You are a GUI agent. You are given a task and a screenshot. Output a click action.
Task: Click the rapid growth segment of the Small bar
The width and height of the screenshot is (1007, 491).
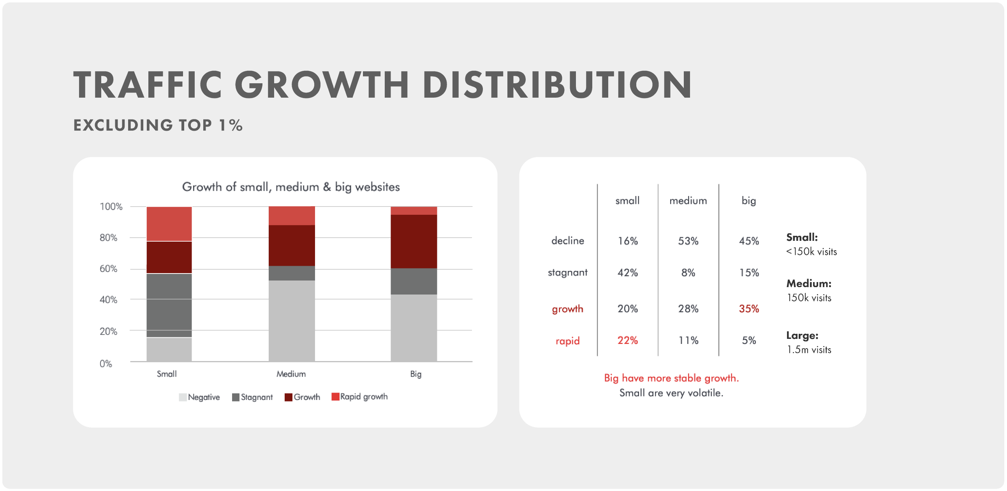point(169,224)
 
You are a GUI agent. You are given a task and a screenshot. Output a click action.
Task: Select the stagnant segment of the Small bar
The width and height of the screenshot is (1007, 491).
point(169,305)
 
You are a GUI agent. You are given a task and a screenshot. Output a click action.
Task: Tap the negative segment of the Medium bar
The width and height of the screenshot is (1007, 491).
point(292,321)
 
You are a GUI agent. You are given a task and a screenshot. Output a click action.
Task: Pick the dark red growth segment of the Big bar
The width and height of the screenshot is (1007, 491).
point(414,241)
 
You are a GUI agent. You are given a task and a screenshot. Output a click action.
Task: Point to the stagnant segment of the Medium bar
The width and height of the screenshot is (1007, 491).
point(292,273)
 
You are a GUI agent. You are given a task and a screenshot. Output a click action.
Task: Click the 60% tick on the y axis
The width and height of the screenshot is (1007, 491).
point(108,269)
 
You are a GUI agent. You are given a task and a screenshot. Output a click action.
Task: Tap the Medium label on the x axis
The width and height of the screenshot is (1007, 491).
point(291,374)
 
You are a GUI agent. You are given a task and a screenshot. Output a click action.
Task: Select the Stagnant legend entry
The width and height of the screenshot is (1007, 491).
point(252,397)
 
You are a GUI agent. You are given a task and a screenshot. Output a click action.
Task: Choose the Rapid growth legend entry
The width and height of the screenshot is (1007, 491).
point(360,397)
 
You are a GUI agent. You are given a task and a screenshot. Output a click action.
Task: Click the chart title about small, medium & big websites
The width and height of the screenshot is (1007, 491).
point(291,187)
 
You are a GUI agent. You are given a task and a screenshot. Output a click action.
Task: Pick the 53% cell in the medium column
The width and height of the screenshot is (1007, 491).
point(688,241)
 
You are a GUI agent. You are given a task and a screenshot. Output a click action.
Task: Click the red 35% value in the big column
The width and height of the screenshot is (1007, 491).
point(748,309)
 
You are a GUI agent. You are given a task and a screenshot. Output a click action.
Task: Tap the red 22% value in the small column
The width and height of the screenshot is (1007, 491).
point(627,340)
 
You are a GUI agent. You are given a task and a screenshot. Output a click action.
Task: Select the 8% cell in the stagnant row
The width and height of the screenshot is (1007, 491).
point(688,273)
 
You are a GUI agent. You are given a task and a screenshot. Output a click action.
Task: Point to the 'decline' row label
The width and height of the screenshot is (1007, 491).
point(568,240)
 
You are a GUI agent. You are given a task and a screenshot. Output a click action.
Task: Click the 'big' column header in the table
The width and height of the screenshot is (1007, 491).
point(748,201)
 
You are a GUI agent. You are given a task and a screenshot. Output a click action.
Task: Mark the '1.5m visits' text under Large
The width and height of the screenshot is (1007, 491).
point(809,350)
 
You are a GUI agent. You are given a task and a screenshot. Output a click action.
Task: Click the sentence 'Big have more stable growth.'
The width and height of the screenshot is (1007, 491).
point(671,378)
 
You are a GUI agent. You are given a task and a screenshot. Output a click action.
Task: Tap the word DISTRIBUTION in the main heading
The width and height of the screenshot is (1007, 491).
point(557,85)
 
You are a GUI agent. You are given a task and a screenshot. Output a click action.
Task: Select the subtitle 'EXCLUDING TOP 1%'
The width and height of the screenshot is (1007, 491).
point(158,125)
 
